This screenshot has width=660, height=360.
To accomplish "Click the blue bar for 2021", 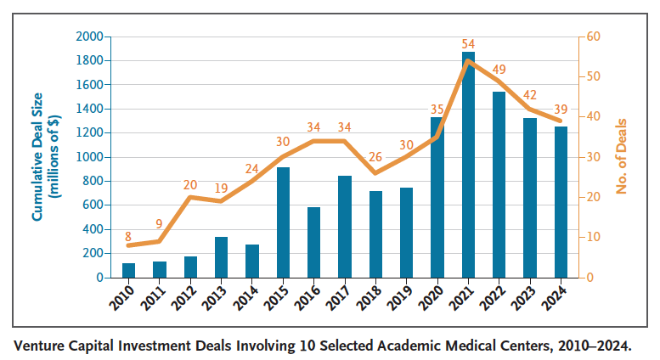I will (x=468, y=165).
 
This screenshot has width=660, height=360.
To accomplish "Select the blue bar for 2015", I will (x=282, y=222).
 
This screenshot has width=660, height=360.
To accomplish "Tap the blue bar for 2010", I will (x=129, y=270).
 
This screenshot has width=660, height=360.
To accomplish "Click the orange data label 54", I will (x=468, y=43).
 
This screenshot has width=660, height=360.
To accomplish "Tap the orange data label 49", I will (x=499, y=69).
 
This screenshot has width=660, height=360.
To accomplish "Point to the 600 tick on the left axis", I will (x=92, y=205).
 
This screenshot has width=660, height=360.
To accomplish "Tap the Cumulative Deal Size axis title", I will (x=44, y=157).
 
